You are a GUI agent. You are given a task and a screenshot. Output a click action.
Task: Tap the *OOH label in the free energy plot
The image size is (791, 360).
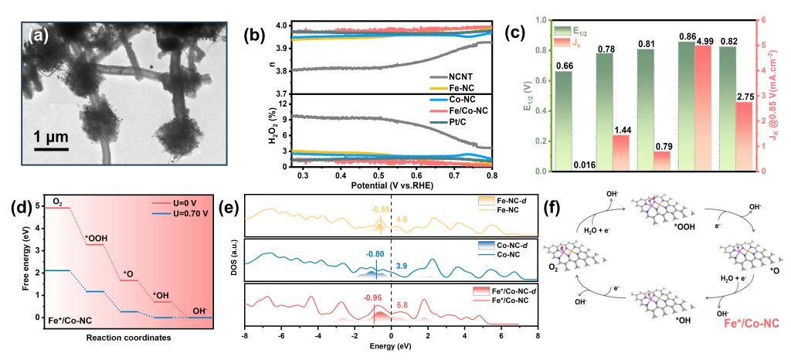pos(96,237)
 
